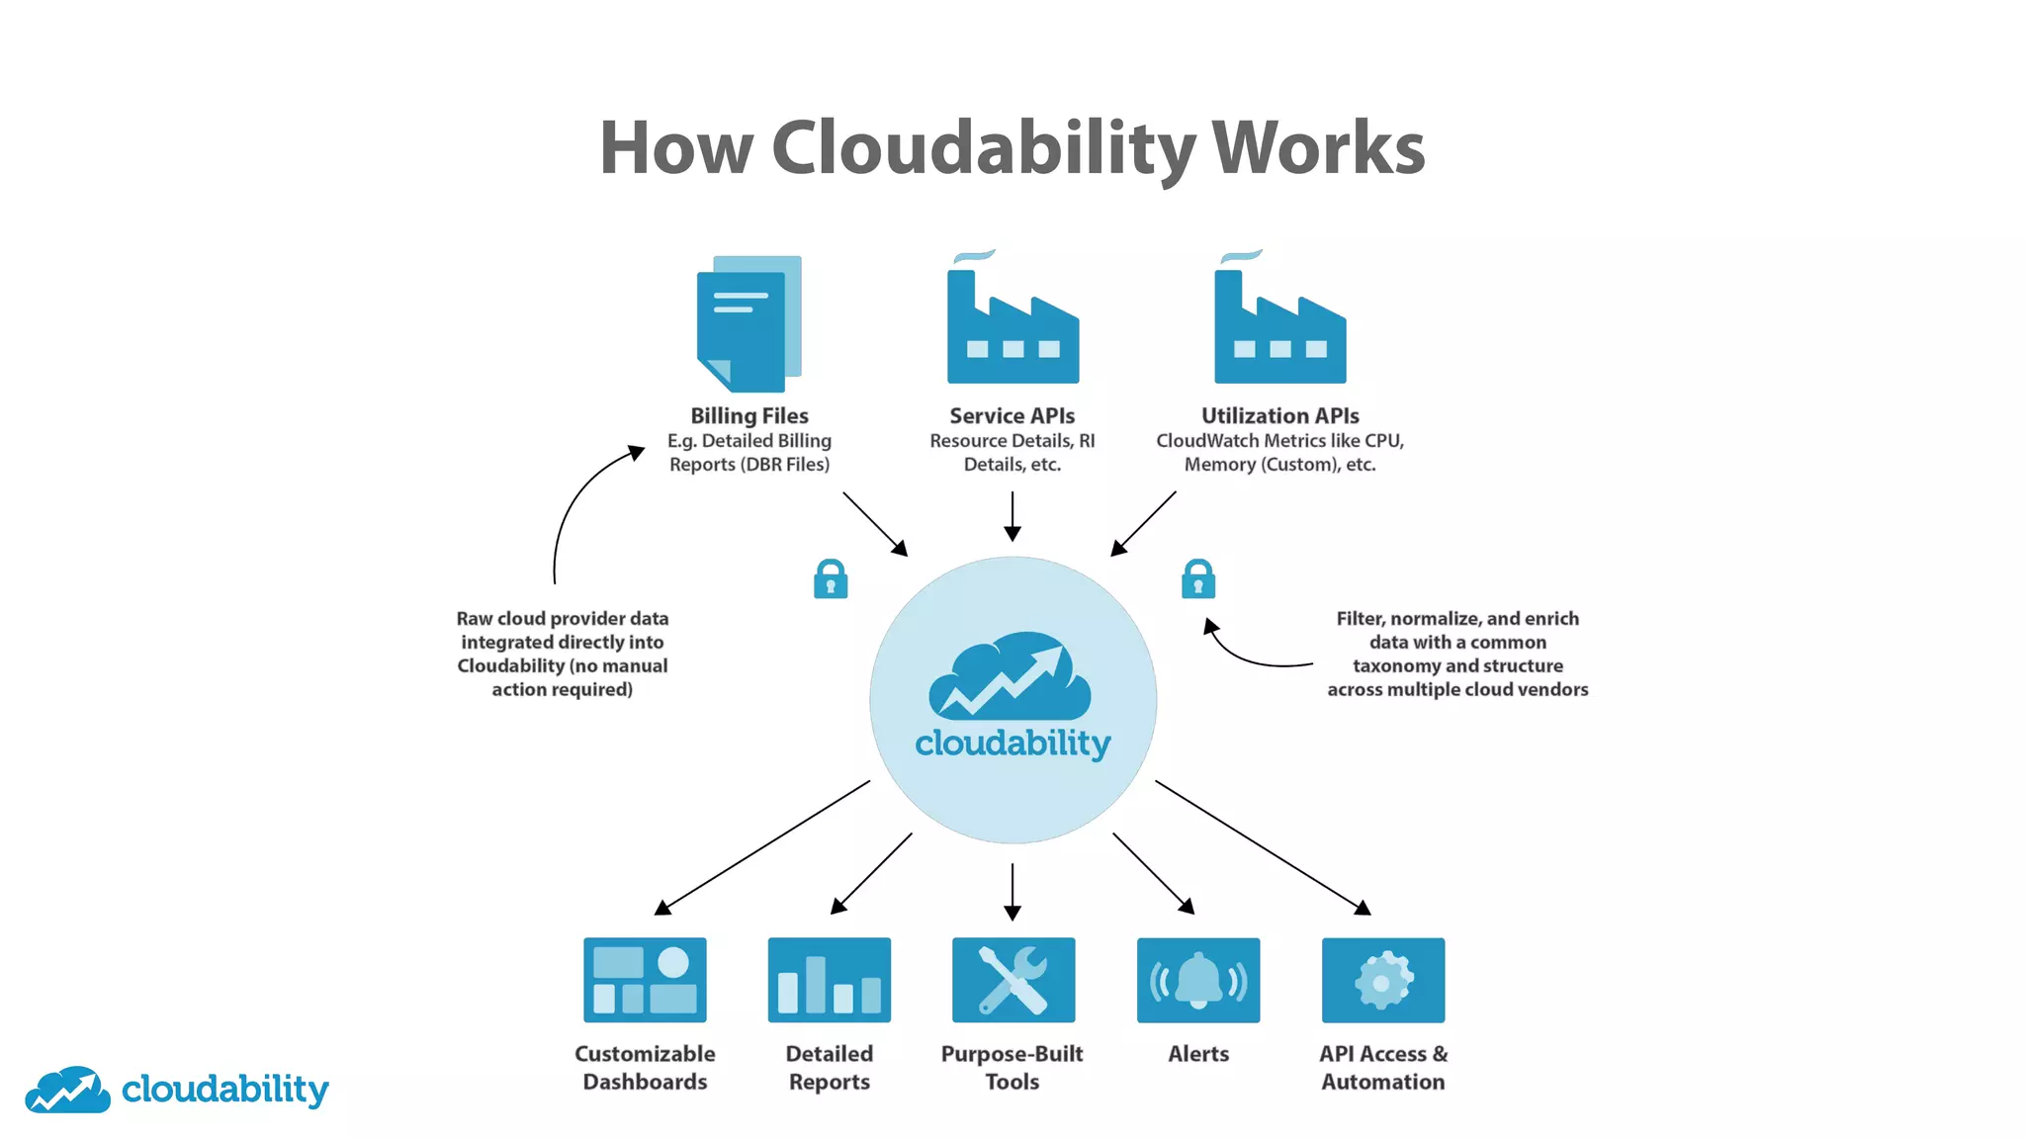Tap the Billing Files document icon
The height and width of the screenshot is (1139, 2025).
[748, 324]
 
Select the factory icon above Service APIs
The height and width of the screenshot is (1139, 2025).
[1012, 326]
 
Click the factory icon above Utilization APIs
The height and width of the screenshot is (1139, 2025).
[1279, 326]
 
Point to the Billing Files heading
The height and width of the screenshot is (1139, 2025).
[748, 416]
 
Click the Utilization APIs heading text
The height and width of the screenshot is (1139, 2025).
[1279, 416]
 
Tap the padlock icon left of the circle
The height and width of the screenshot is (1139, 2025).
[831, 579]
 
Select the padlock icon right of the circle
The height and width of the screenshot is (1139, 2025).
[1198, 579]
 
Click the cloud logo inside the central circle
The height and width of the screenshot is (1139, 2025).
[1011, 677]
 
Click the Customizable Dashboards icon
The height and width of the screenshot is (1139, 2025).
[645, 980]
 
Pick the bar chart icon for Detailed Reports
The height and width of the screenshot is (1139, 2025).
[829, 980]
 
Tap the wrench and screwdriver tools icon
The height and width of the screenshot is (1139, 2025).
[1012, 980]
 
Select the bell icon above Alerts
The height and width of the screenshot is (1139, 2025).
[1198, 980]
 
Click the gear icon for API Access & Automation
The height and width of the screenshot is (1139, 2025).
[1382, 980]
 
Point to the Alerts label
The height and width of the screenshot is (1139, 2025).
[1198, 1054]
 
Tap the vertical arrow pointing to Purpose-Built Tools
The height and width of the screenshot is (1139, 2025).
[1012, 891]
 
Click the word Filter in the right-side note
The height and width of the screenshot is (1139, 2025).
[1359, 619]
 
